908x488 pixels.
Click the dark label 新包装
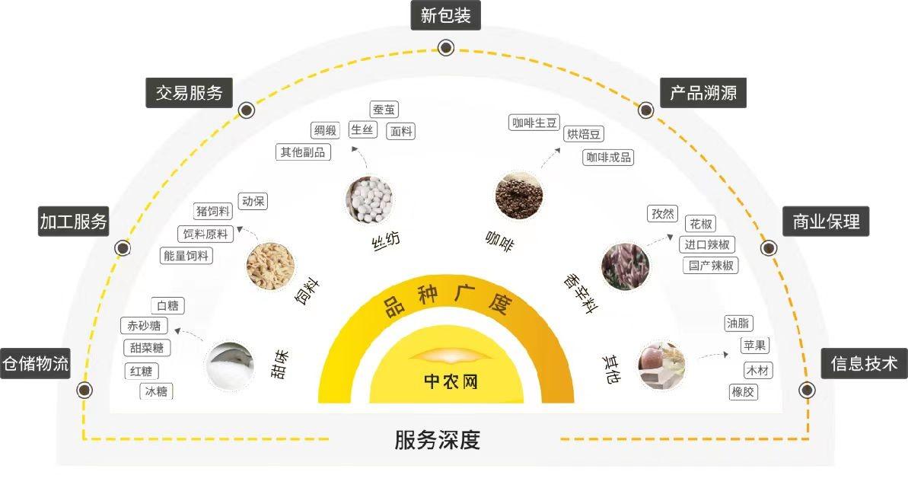[x=446, y=14]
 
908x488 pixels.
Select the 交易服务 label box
[x=190, y=93]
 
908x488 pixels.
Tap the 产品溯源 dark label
[x=703, y=94]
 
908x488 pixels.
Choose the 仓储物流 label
[x=35, y=364]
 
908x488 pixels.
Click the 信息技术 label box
[x=864, y=364]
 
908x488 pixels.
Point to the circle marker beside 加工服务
[x=122, y=248]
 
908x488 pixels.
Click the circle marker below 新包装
[x=446, y=47]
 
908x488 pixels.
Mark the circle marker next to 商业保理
[x=769, y=248]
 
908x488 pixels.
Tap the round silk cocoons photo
[x=369, y=199]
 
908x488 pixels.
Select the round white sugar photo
[x=230, y=363]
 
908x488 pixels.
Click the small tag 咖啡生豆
[x=535, y=123]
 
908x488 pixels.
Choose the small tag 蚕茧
[x=384, y=110]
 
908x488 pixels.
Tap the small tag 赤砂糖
[x=144, y=326]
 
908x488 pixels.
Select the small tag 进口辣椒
[x=708, y=244]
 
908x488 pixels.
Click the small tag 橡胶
[x=744, y=391]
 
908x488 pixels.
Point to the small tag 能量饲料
[x=186, y=256]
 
